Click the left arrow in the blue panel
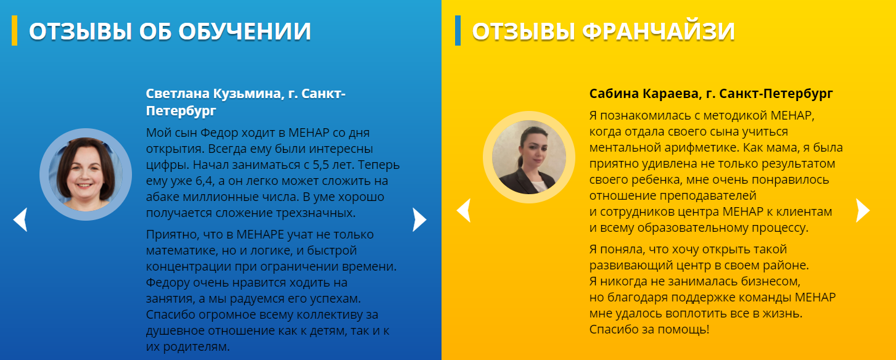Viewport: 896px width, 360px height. [x=21, y=219]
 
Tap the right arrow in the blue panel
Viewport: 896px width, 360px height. [x=419, y=219]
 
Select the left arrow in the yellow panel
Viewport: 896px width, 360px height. [x=464, y=210]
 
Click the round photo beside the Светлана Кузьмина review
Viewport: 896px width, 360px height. [x=86, y=174]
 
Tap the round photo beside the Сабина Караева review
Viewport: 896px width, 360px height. [x=529, y=157]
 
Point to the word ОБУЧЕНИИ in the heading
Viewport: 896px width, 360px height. [x=244, y=31]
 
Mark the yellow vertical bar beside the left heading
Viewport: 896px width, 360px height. [x=14, y=30]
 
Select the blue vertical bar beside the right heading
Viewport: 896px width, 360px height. [x=458, y=30]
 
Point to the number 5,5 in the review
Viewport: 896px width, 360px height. [x=321, y=165]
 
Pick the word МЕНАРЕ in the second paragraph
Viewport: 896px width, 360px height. [x=260, y=234]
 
